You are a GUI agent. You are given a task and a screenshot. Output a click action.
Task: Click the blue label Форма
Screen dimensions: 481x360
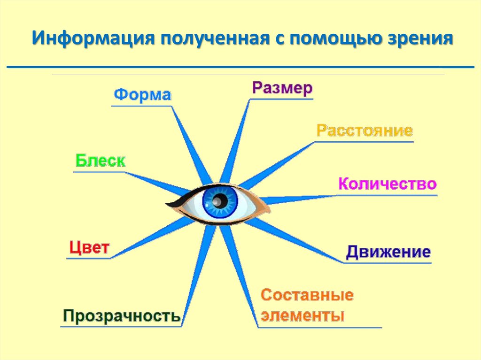[x=143, y=95]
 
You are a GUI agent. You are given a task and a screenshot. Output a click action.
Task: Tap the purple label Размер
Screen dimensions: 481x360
[x=282, y=88]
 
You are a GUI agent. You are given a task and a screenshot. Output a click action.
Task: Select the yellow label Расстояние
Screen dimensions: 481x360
[x=365, y=130]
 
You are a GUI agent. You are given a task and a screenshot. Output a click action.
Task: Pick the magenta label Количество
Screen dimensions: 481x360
[x=388, y=184]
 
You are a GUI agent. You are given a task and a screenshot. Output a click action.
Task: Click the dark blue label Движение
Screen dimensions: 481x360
[x=388, y=253]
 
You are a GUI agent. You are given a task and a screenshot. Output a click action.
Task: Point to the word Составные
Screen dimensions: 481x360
[x=307, y=296]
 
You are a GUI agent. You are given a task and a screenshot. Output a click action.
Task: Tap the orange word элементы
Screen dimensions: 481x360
[x=303, y=315]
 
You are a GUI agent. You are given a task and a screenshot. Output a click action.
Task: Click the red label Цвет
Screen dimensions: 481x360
[x=89, y=247]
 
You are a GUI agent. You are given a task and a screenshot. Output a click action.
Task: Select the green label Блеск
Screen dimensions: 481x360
[x=101, y=161]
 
